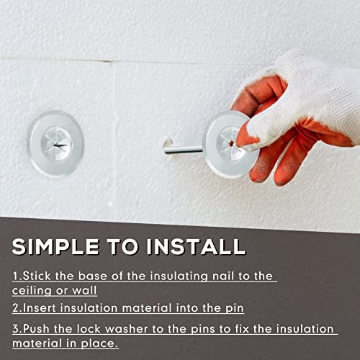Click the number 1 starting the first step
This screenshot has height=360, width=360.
click(15, 276)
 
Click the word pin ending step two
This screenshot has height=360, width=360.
click(234, 308)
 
